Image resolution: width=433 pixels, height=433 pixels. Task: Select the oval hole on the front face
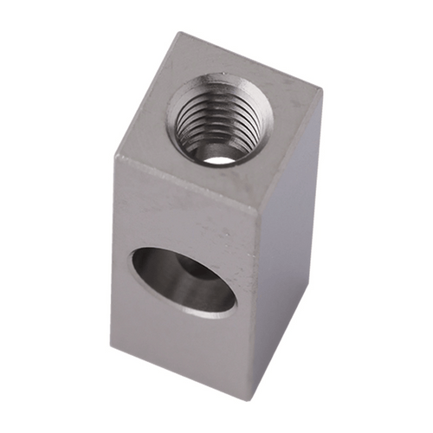click(x=182, y=280)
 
